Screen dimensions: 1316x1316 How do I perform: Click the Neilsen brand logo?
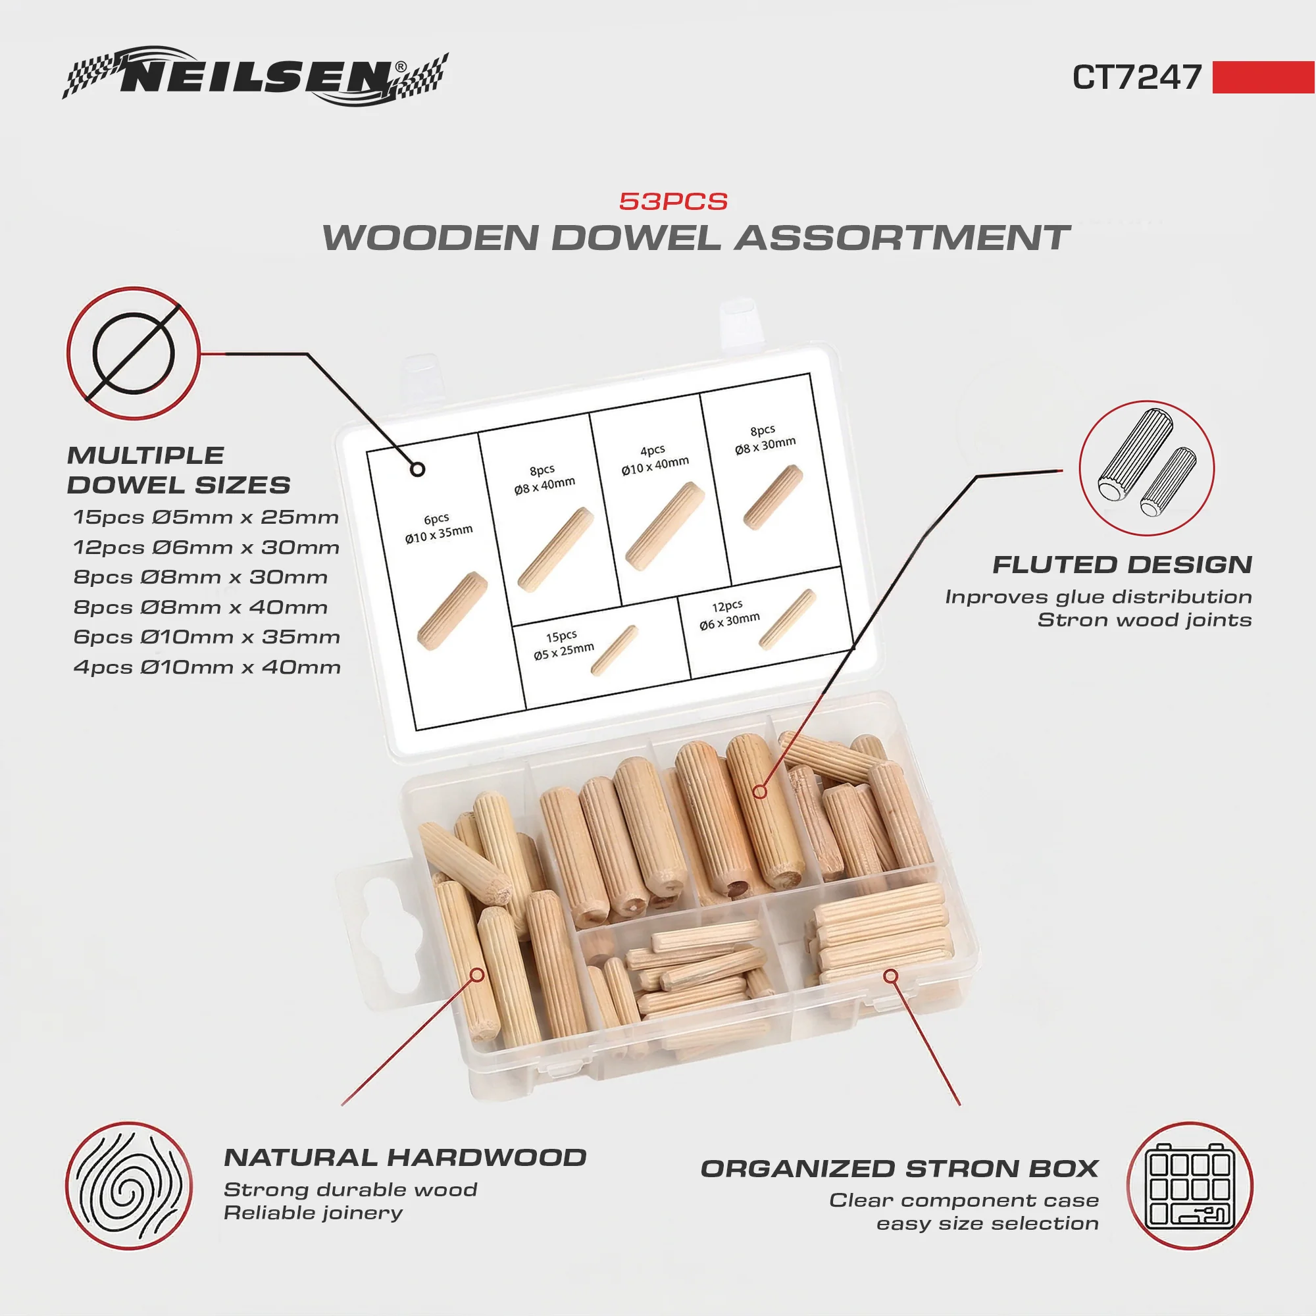click(x=255, y=76)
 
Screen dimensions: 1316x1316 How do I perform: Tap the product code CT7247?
click(x=1137, y=77)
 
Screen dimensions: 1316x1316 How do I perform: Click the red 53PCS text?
click(x=673, y=201)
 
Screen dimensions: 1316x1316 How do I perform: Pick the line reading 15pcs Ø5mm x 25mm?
click(x=206, y=517)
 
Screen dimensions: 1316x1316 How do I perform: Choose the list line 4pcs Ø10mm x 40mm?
click(x=207, y=667)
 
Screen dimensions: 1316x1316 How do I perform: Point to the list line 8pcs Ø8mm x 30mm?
click(x=200, y=577)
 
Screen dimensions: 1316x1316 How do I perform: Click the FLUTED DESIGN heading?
click(x=1122, y=565)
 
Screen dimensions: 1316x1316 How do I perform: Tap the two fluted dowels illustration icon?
click(x=1147, y=468)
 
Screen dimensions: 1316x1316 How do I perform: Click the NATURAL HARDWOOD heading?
click(x=405, y=1157)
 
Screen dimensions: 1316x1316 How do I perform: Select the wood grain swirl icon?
click(x=129, y=1186)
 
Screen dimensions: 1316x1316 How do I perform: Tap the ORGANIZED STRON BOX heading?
click(x=899, y=1169)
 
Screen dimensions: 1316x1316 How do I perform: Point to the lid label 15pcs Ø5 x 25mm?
click(x=563, y=645)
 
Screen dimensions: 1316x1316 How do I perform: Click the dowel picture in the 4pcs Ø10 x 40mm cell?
click(x=664, y=526)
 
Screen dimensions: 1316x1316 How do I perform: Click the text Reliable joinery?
click(x=313, y=1213)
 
